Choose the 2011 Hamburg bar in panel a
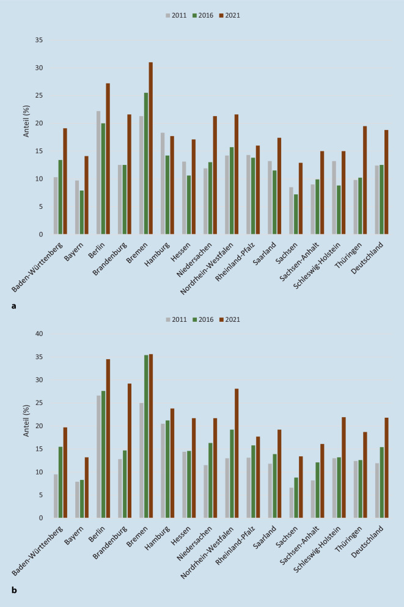pyautogui.click(x=162, y=183)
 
